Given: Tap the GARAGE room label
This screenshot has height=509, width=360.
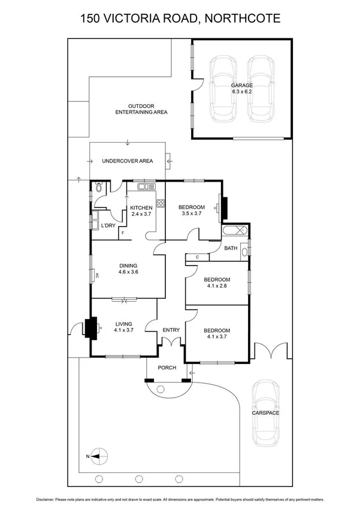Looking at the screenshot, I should pyautogui.click(x=242, y=86).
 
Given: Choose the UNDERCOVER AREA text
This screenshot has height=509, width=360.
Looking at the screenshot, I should pyautogui.click(x=127, y=161).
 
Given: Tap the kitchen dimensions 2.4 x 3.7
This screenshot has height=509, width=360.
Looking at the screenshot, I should pyautogui.click(x=141, y=215).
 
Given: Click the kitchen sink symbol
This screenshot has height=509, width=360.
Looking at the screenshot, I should pyautogui.click(x=146, y=187).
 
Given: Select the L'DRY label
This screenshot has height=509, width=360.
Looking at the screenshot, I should pyautogui.click(x=108, y=225).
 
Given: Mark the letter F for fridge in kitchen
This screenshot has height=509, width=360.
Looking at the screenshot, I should pyautogui.click(x=123, y=232).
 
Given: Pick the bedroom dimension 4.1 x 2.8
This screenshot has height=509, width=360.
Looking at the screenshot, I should pyautogui.click(x=216, y=287).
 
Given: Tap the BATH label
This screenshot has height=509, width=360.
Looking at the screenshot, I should pyautogui.click(x=231, y=248).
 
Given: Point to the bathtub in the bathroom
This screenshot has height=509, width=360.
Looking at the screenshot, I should pyautogui.click(x=235, y=230).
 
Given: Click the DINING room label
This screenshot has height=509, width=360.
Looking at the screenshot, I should pyautogui.click(x=128, y=265).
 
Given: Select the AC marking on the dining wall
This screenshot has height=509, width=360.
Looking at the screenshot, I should pyautogui.click(x=96, y=276).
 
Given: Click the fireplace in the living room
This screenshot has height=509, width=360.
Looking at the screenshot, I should pyautogui.click(x=92, y=328).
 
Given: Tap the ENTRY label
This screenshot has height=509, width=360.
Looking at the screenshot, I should pyautogui.click(x=171, y=330).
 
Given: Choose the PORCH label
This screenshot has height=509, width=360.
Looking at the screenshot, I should pyautogui.click(x=167, y=368).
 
